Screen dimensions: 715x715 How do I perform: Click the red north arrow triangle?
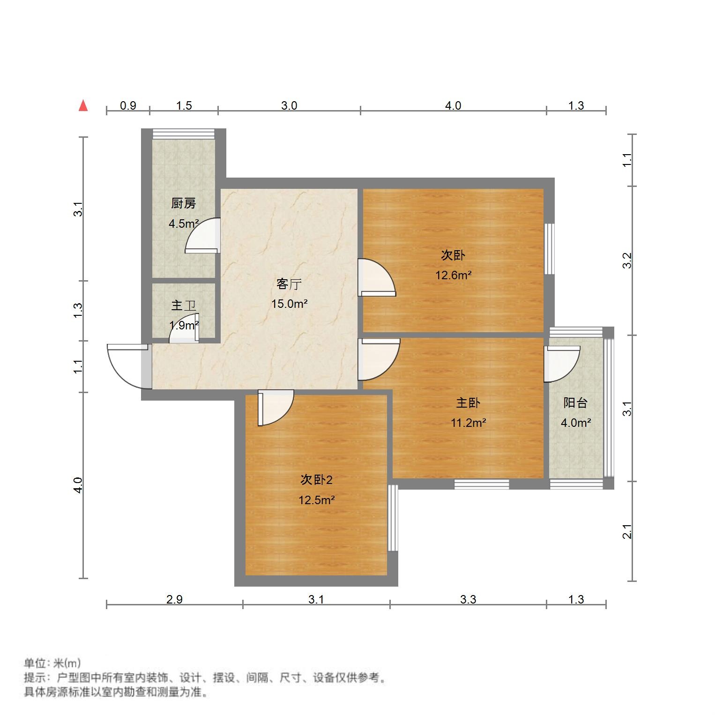click(83, 106)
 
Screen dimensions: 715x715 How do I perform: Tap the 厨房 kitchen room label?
click(183, 203)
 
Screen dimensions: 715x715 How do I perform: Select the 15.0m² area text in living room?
click(289, 304)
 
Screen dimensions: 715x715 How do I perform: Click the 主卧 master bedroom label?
click(468, 403)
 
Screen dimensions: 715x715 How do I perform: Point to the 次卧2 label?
click(316, 480)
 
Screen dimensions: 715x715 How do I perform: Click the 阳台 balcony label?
click(575, 403)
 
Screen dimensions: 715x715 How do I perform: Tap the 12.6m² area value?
click(453, 275)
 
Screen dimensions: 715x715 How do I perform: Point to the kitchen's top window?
click(184, 134)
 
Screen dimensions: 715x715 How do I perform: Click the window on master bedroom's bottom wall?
click(482, 484)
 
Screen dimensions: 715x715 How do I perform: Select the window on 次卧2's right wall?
click(393, 518)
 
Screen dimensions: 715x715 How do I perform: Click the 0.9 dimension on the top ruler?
click(128, 105)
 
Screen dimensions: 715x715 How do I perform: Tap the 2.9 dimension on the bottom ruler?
click(174, 599)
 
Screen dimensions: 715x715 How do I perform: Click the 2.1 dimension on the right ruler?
click(627, 531)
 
